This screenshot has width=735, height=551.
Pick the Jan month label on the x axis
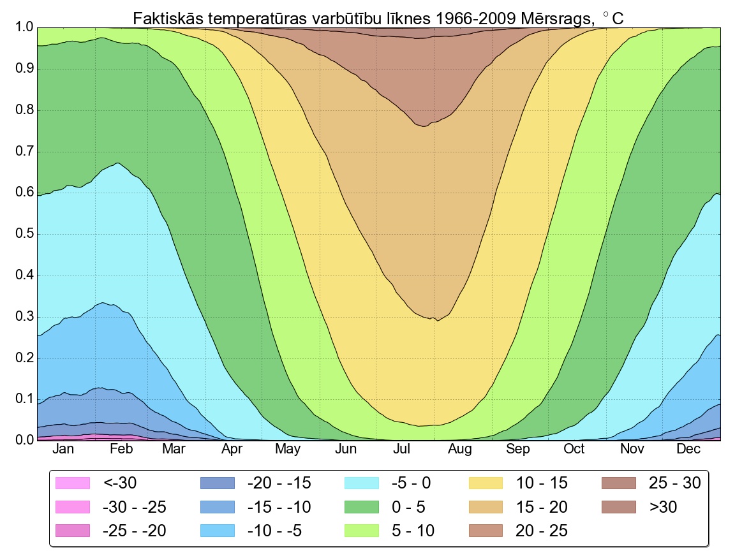(x=63, y=450)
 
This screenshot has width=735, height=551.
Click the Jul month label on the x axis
(x=402, y=450)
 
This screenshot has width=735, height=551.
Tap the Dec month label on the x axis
(x=688, y=450)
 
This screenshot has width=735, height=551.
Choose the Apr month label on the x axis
(x=232, y=450)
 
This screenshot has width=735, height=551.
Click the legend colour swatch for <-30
(x=71, y=483)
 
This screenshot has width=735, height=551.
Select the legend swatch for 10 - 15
(x=487, y=483)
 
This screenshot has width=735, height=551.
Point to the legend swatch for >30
(x=619, y=507)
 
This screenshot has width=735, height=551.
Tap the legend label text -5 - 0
(x=410, y=483)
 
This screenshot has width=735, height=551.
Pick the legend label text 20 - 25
(x=541, y=531)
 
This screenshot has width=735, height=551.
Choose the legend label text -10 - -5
(x=274, y=531)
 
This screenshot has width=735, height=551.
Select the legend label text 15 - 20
(x=541, y=507)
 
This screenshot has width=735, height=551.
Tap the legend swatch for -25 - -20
(x=71, y=531)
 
